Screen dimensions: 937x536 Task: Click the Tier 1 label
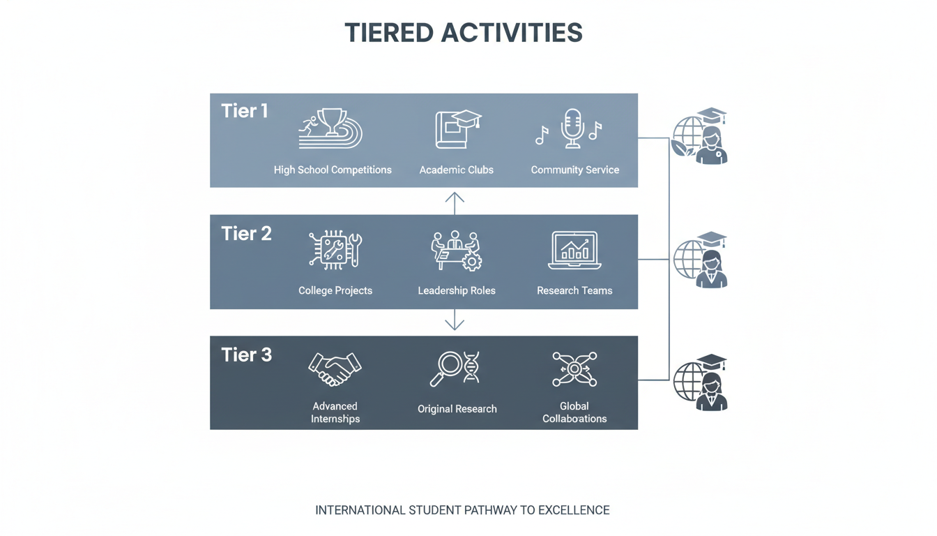tap(244, 112)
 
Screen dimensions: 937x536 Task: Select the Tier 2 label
tap(246, 234)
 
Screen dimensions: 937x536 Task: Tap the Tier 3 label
tap(246, 355)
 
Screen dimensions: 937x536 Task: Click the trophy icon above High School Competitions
tap(332, 122)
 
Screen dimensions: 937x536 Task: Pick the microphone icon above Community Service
tap(572, 128)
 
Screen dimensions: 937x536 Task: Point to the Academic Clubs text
tap(457, 170)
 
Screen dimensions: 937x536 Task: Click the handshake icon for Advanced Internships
tap(335, 369)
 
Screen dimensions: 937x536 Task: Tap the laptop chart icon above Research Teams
tap(574, 251)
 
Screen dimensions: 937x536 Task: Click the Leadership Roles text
tap(457, 290)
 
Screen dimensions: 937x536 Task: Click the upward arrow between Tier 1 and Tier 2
tap(455, 204)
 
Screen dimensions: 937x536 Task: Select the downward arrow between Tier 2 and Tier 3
tap(455, 320)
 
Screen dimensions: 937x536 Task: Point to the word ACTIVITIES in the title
tap(512, 33)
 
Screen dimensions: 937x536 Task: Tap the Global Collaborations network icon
tap(574, 369)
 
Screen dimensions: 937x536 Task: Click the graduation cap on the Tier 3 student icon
tap(711, 362)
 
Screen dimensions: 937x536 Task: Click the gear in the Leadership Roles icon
tap(472, 262)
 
